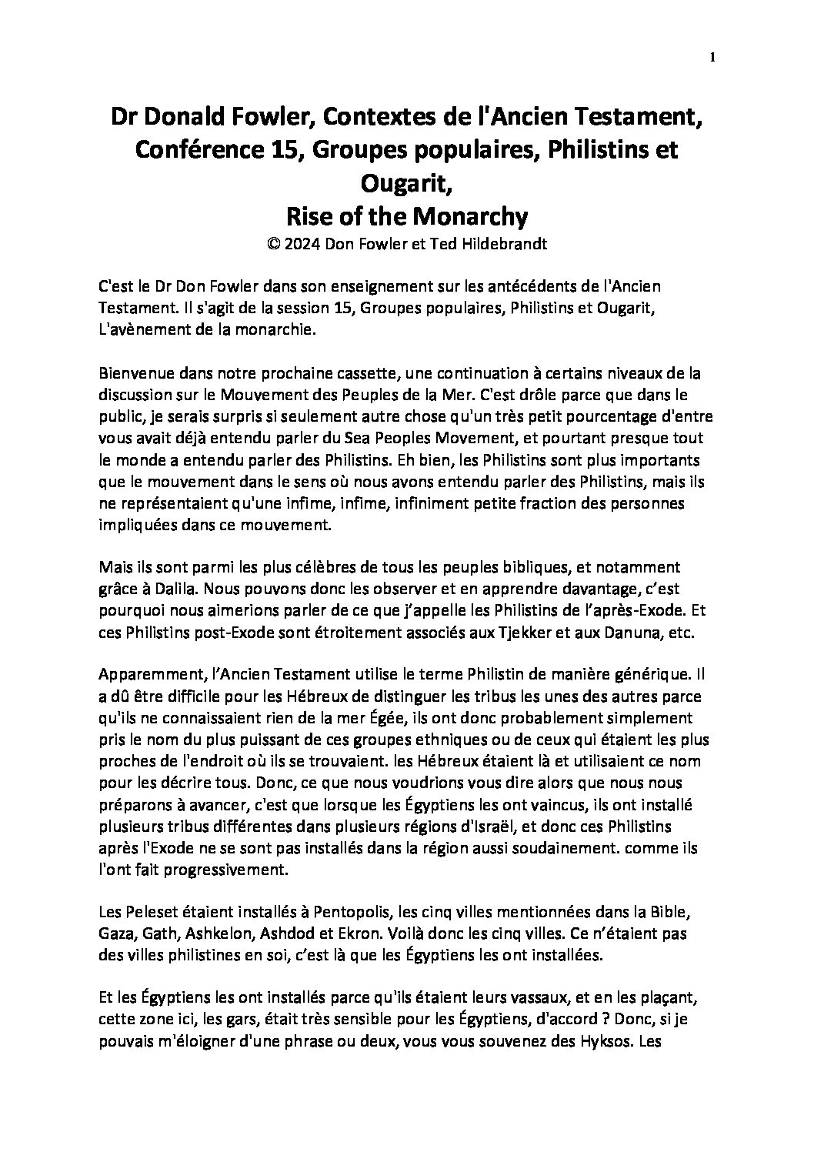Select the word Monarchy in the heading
point(471,217)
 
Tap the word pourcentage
point(589,417)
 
